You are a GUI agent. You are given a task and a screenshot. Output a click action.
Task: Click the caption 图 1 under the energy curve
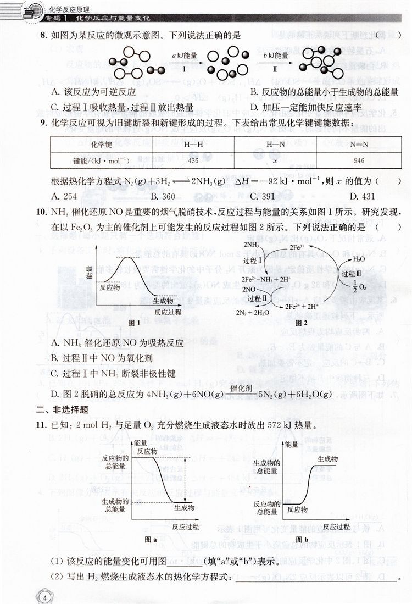click(x=134, y=323)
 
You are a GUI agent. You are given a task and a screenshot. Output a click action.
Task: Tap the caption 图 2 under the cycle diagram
click(x=301, y=323)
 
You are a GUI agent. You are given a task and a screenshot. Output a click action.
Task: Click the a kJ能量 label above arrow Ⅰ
click(x=185, y=56)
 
